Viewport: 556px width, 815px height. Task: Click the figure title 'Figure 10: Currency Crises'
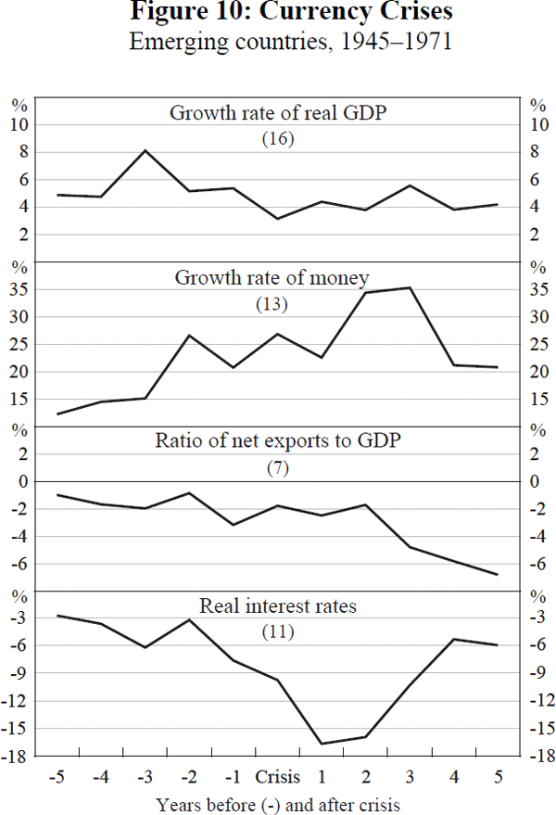pyautogui.click(x=278, y=14)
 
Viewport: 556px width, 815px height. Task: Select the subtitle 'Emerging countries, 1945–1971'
pyautogui.click(x=278, y=42)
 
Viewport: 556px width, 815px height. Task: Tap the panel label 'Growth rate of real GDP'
pyautogui.click(x=278, y=113)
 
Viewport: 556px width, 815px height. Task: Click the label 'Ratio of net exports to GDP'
pyautogui.click(x=278, y=440)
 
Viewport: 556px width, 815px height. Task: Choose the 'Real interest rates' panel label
pyautogui.click(x=278, y=607)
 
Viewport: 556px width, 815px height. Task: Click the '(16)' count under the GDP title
pyautogui.click(x=278, y=139)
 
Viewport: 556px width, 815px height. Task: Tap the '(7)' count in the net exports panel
pyautogui.click(x=278, y=467)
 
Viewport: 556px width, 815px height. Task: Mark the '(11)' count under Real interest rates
pyautogui.click(x=278, y=633)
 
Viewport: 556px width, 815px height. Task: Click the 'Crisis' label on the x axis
pyautogui.click(x=277, y=776)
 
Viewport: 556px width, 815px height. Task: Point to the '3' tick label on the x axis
pyautogui.click(x=410, y=776)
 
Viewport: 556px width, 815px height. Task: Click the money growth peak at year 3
pyautogui.click(x=410, y=287)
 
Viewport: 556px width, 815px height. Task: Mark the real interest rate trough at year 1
pyautogui.click(x=322, y=744)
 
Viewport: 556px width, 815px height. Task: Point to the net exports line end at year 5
pyautogui.click(x=498, y=575)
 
